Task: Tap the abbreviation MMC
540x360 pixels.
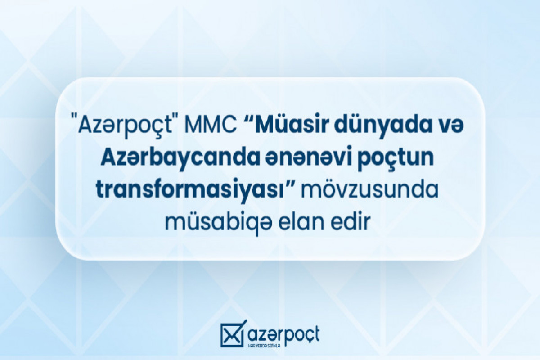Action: click(212, 126)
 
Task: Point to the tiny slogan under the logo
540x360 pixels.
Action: click(264, 346)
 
